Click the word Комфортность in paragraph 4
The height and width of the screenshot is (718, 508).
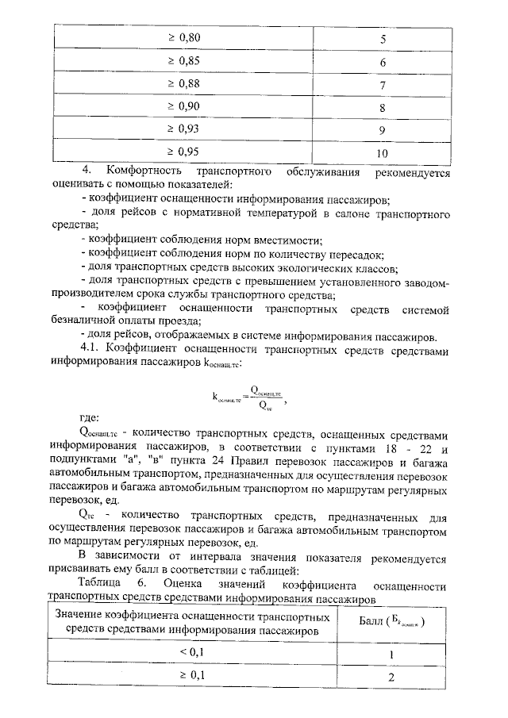click(x=140, y=172)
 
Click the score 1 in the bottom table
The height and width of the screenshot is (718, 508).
click(x=391, y=654)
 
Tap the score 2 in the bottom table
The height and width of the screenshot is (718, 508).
click(x=391, y=677)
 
